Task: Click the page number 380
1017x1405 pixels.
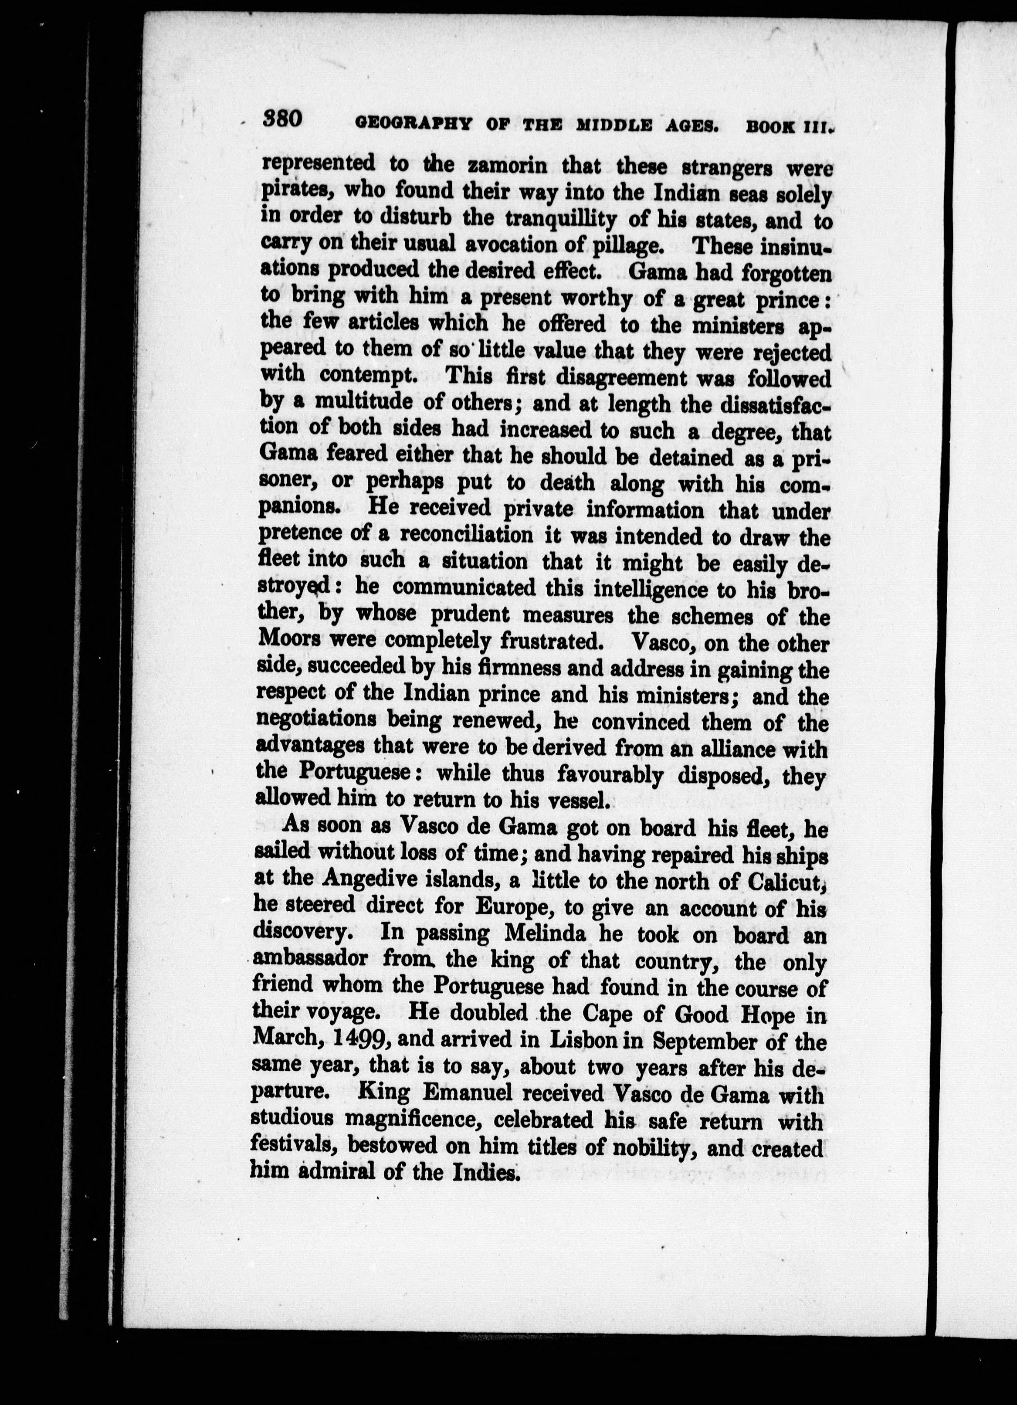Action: [282, 117]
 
